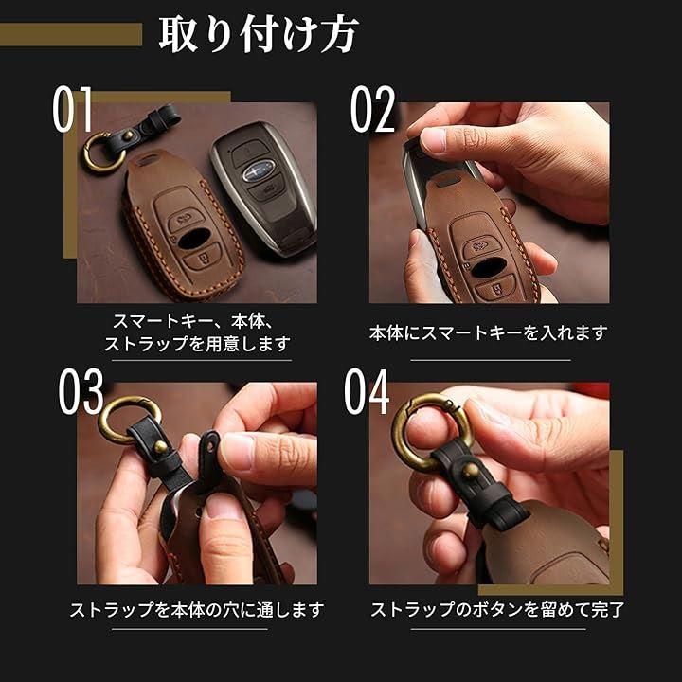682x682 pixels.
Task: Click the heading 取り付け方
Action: click(259, 34)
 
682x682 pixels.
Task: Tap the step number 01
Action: click(72, 109)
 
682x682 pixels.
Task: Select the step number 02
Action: click(373, 109)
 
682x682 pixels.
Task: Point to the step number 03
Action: click(81, 391)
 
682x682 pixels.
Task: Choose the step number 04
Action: click(367, 391)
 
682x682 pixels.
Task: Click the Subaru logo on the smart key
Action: click(259, 170)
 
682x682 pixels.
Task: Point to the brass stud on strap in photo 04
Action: click(470, 470)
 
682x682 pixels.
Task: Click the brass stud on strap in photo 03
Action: click(160, 447)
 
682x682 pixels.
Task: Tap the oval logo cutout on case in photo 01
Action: click(194, 239)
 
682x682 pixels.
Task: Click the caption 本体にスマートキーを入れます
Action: click(489, 332)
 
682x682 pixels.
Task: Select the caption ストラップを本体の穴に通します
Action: click(197, 610)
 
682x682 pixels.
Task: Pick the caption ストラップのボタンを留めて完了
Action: click(497, 610)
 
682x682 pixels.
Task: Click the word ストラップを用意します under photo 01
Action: click(197, 344)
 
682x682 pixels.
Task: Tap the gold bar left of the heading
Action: click(71, 34)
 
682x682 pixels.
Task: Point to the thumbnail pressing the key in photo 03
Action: click(225, 506)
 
